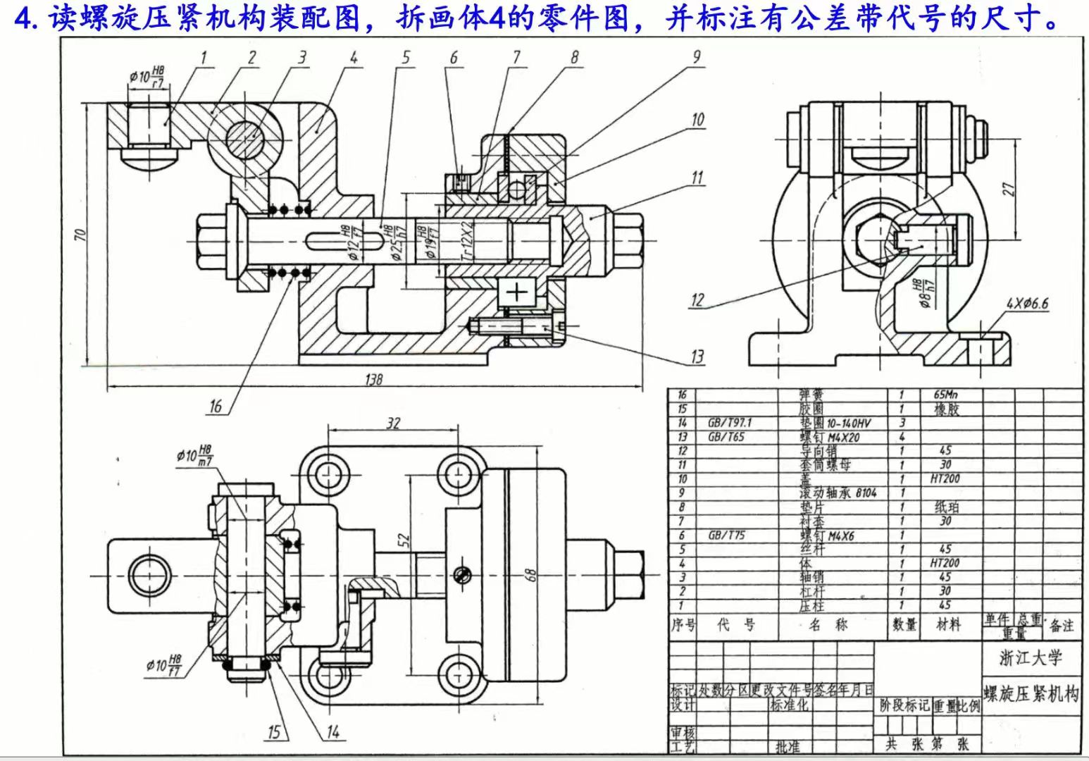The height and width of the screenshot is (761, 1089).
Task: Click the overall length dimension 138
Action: pos(374,380)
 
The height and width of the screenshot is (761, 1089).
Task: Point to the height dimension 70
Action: pos(80,233)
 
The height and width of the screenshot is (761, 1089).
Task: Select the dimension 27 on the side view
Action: pos(1009,189)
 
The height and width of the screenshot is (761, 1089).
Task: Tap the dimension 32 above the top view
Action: pos(393,423)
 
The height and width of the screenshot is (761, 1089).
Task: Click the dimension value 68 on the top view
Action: pos(532,575)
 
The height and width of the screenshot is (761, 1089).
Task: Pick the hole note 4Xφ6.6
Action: pos(1027,304)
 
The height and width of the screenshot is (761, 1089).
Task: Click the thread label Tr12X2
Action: pos(466,242)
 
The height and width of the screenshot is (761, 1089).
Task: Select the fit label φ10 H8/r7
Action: pos(147,75)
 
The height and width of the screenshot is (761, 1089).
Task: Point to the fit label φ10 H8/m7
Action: pos(195,455)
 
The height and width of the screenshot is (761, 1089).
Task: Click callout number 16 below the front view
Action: pos(216,406)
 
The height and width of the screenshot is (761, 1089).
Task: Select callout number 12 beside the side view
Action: pos(697,300)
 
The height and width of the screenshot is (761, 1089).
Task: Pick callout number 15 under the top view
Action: pos(274,732)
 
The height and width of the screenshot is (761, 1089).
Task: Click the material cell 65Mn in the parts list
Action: pos(945,395)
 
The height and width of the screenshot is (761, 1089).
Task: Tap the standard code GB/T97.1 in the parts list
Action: pos(729,423)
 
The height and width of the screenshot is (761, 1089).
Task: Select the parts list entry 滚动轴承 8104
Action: pos(838,493)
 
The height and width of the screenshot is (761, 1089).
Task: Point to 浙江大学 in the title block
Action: pos(1030,658)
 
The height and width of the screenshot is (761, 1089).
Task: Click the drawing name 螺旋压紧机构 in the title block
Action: pos(1031,694)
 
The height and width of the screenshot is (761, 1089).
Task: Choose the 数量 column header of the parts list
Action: pos(904,624)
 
